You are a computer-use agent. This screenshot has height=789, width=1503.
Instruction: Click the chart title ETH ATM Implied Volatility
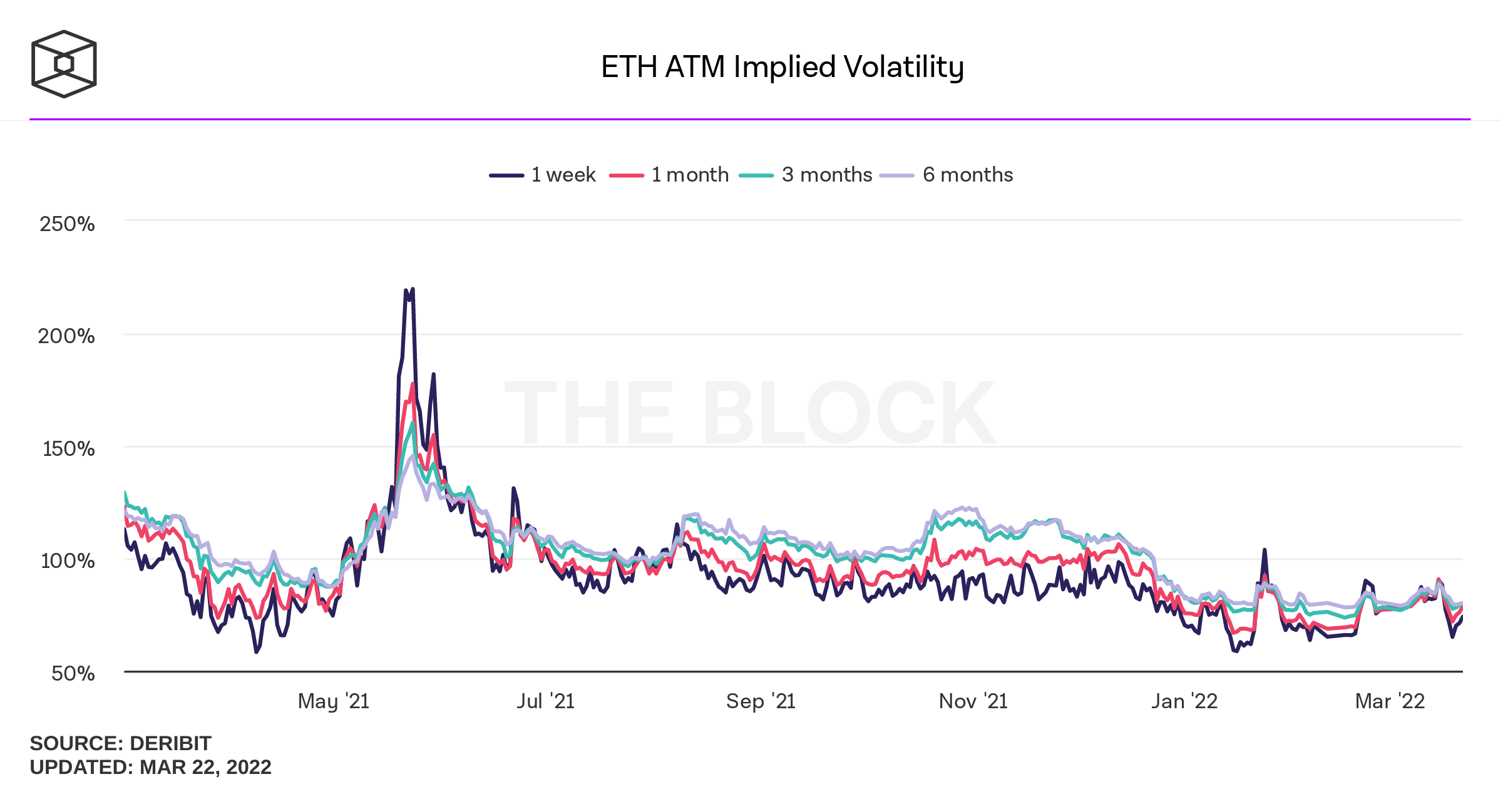tap(782, 67)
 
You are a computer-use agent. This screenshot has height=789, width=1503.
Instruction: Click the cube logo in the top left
tap(64, 64)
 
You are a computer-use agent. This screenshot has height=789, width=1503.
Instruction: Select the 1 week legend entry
tap(543, 175)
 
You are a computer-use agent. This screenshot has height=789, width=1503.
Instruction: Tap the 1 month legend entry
tap(670, 175)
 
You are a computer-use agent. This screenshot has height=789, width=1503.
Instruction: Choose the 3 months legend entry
tap(806, 175)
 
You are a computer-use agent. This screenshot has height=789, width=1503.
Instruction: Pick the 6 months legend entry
tap(946, 175)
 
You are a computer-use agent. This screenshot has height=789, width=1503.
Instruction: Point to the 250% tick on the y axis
tap(67, 224)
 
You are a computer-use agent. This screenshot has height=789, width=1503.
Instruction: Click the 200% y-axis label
tap(66, 336)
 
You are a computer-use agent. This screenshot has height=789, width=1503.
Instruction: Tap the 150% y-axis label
tap(68, 448)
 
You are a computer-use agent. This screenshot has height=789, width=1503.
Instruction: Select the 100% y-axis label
tap(68, 560)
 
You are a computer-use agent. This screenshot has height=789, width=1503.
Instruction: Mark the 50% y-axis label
tap(73, 673)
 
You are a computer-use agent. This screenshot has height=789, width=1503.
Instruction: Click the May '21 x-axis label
tap(333, 701)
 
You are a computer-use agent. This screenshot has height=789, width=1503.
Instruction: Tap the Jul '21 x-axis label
tap(545, 701)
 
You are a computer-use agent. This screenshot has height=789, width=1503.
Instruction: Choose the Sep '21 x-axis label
tap(760, 701)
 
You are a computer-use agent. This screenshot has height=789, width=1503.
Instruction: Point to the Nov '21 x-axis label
tap(973, 701)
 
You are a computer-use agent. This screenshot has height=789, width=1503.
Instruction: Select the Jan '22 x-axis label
tap(1184, 701)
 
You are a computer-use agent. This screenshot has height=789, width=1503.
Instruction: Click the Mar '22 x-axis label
tap(1389, 701)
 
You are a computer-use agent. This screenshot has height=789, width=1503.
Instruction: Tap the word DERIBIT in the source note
tap(170, 743)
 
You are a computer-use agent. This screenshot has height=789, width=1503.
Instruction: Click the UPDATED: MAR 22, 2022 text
tap(150, 767)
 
